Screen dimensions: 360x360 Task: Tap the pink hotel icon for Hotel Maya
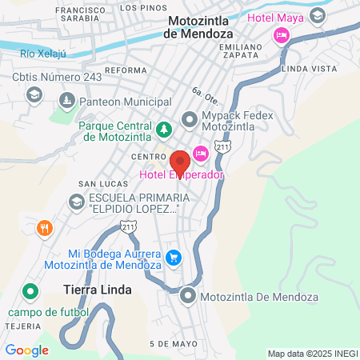[280, 34]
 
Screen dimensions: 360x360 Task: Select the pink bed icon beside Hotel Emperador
[201, 153]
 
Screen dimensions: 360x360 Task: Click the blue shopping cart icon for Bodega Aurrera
[174, 258]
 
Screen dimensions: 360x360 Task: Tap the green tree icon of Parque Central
[163, 128]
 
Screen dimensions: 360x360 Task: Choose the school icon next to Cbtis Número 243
[34, 95]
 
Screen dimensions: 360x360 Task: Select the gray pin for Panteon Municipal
[69, 102]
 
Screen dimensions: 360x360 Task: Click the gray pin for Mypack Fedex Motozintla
[189, 122]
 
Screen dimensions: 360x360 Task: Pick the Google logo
[27, 350]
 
